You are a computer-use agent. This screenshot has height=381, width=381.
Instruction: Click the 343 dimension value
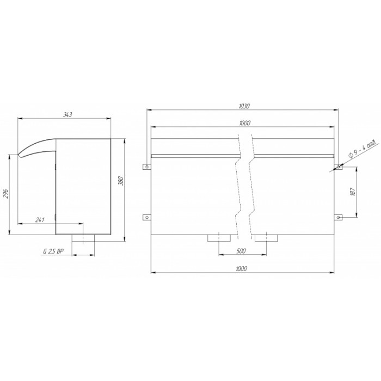click(x=67, y=115)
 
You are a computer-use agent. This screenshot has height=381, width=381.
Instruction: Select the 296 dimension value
click(x=6, y=194)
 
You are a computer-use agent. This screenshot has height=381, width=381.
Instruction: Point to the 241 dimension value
click(x=40, y=220)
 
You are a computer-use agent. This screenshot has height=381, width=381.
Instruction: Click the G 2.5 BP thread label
click(x=53, y=251)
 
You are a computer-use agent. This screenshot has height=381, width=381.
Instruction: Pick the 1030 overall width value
click(x=244, y=106)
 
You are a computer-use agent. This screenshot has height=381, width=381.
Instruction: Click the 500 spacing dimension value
click(x=241, y=251)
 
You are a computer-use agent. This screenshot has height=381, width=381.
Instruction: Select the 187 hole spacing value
click(x=353, y=192)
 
